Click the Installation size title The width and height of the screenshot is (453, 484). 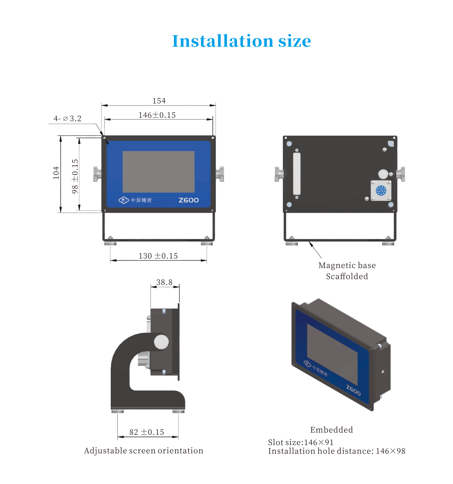click(241, 41)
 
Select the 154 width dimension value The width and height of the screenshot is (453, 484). click(159, 100)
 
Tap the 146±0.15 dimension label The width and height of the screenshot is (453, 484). click(157, 115)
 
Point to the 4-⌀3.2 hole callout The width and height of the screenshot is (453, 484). click(67, 118)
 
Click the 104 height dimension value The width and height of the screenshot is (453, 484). click(56, 173)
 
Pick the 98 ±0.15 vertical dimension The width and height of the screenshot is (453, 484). click(75, 176)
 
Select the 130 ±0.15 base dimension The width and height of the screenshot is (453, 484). click(158, 256)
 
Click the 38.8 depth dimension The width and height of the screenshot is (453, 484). click(164, 282)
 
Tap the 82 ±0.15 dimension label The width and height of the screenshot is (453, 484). click(147, 432)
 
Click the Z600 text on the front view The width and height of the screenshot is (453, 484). click(188, 200)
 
